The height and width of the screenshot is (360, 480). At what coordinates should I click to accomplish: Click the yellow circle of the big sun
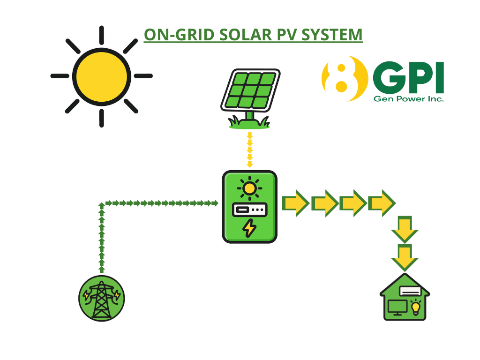[101, 76]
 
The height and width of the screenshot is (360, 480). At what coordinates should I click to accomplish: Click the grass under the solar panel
[249, 124]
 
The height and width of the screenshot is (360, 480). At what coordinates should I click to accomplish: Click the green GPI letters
[408, 78]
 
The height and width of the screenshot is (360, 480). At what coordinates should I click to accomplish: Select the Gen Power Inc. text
[408, 99]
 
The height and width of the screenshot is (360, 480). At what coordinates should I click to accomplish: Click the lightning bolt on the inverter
[249, 229]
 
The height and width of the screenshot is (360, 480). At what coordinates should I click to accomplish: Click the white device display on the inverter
[249, 210]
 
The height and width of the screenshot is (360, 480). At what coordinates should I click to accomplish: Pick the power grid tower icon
[101, 298]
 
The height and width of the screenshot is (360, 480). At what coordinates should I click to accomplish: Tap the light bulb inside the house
[415, 307]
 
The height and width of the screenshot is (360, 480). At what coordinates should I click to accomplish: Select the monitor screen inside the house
[397, 307]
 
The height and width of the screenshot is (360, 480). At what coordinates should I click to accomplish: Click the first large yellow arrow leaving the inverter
[295, 203]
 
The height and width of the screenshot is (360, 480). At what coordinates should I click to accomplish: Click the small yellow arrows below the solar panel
[250, 150]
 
